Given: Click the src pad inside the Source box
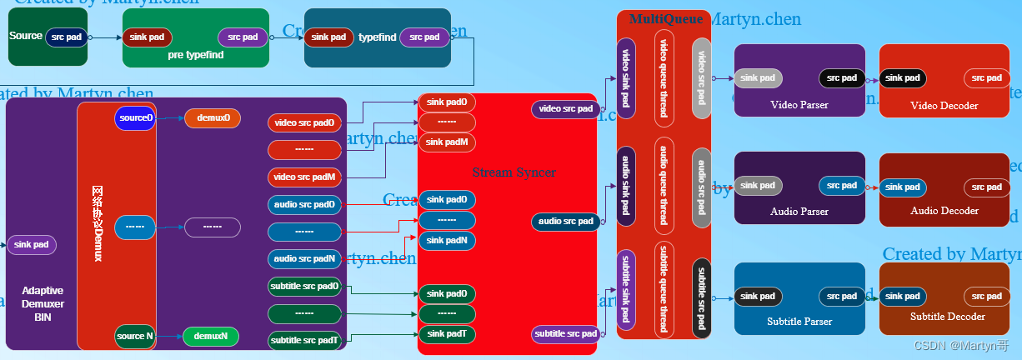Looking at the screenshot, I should coord(67,37).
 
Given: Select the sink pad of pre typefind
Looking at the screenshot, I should coord(148,37).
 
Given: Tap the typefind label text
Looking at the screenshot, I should coord(377,37).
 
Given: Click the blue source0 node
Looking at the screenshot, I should coord(135,118).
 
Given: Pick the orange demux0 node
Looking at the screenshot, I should coord(212,118).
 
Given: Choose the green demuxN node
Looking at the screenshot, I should coord(211,337).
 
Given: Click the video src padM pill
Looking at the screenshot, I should coord(304,177).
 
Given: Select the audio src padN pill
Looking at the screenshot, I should coord(304,259).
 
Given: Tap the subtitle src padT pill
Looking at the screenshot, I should coord(304,340).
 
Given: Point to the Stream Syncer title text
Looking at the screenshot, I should coord(514,172).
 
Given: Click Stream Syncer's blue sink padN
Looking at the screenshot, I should coord(447,241).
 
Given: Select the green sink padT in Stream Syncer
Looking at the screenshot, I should coord(447,334).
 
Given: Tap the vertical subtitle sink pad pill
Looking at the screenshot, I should coord(625,290).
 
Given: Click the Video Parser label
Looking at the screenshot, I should coord(799,105).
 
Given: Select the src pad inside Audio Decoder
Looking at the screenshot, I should coord(988,187).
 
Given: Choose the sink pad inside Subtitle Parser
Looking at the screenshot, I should coord(758,297).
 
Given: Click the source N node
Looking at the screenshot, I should coord(135,337).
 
